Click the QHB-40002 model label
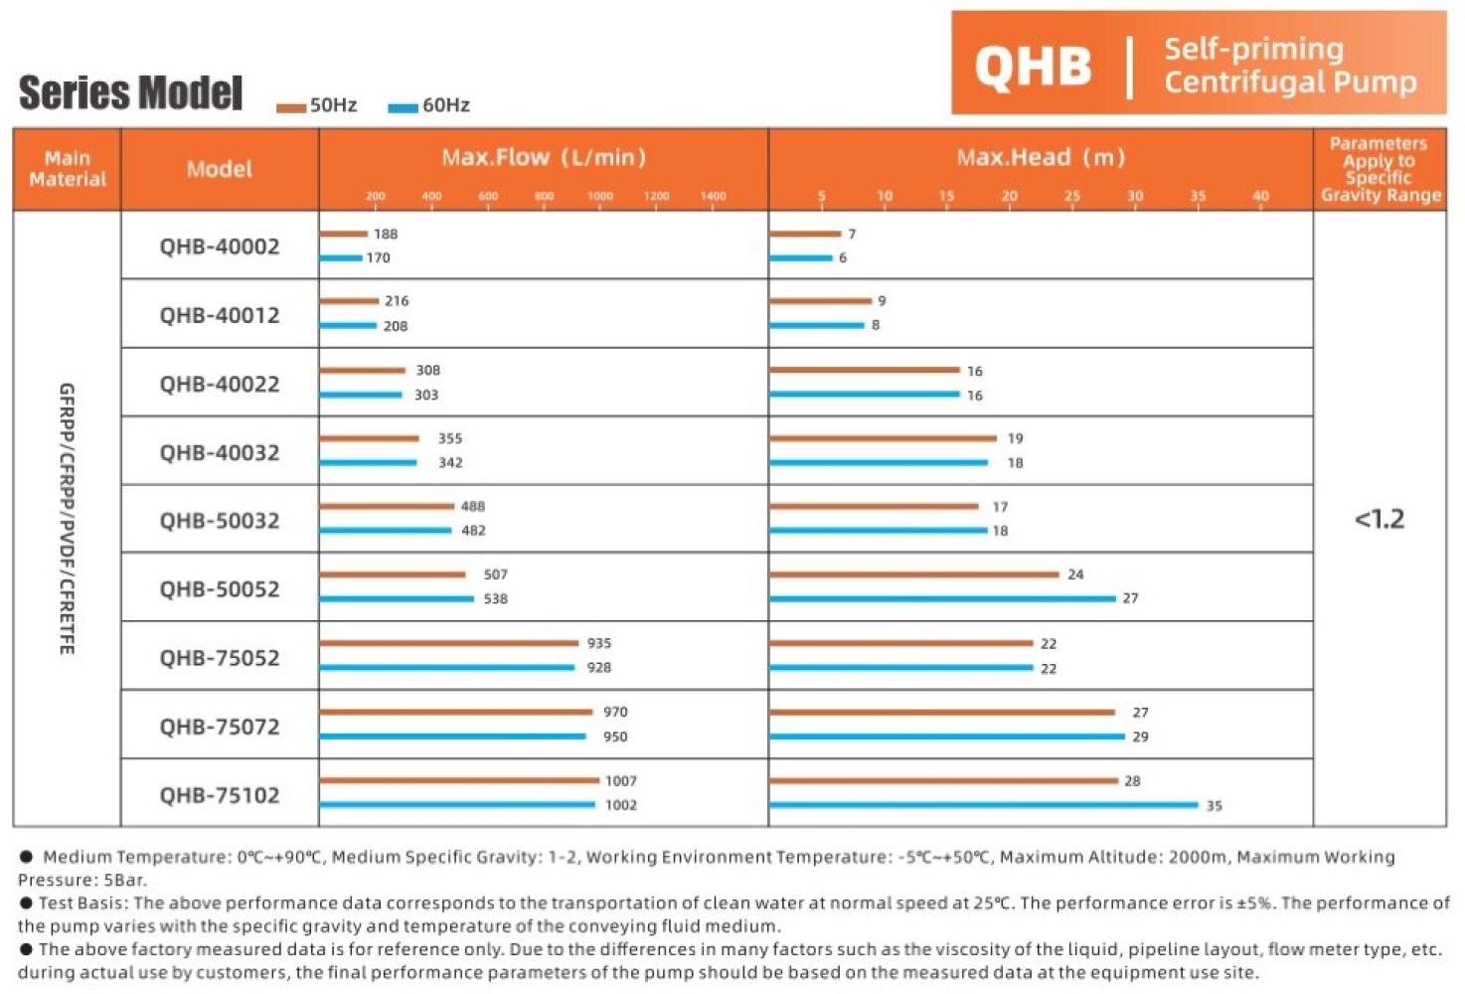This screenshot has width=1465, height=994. [x=220, y=247]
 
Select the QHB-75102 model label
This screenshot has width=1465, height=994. [x=220, y=795]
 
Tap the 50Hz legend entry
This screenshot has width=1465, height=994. [x=317, y=105]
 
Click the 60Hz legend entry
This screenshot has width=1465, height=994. [x=429, y=105]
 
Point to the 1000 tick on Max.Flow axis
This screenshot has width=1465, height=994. [x=600, y=196]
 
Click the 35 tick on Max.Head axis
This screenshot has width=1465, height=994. [x=1198, y=196]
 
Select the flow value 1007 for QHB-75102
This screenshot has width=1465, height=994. [x=621, y=781]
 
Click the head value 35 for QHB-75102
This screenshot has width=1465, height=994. [x=1215, y=806]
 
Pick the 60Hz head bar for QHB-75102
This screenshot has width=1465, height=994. [x=983, y=805]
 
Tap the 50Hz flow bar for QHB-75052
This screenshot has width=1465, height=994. [x=448, y=643]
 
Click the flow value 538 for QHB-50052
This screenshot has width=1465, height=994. [x=496, y=599]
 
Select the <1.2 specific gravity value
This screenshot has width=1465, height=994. [x=1380, y=519]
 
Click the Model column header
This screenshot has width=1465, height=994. [x=220, y=169]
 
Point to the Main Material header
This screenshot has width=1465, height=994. [x=68, y=169]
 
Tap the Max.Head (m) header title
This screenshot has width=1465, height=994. [x=1041, y=157]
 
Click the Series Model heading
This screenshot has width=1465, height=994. [x=130, y=93]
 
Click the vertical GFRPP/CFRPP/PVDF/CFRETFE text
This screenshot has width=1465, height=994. [x=67, y=519]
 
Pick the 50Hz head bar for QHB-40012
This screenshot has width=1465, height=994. [x=820, y=300]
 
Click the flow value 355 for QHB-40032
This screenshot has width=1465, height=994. [x=450, y=438]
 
